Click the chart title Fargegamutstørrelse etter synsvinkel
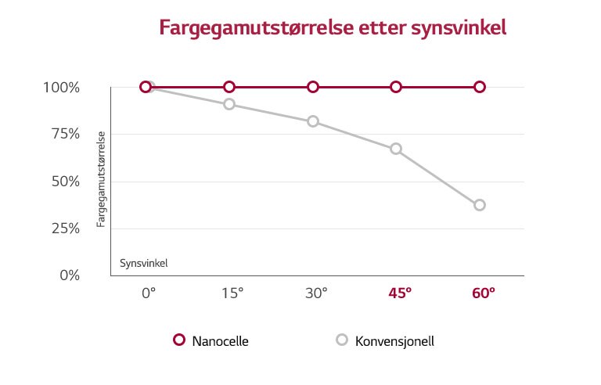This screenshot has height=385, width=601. point(333,29)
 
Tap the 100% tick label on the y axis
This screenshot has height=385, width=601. point(61,87)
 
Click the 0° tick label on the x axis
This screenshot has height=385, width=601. point(149,294)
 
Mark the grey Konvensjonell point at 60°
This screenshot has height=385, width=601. point(480,205)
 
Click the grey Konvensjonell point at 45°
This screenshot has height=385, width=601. point(396,149)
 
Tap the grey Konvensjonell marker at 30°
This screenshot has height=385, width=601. point(313,121)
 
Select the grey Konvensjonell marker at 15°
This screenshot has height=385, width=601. point(229,104)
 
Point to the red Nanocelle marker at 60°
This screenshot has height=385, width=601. point(480,87)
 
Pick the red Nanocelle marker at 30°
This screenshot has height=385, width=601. point(313,87)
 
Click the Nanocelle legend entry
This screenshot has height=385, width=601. point(211,340)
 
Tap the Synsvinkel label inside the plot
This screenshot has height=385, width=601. point(143,263)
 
